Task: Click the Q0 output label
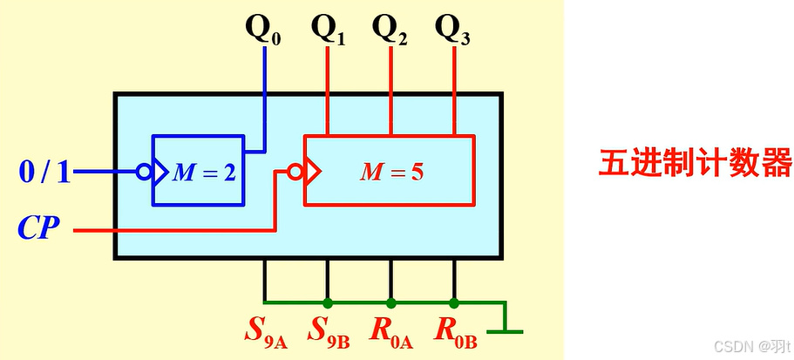pos(263,30)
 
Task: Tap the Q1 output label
pos(328,30)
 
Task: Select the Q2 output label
pos(390,30)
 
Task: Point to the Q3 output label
pos(452,30)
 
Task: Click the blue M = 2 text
pos(204,173)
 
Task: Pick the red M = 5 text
pos(392,173)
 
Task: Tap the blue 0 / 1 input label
pos(44,172)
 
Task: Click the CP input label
pos(38,228)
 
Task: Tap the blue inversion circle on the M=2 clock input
pos(145,172)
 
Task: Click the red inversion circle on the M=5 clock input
pos(295,172)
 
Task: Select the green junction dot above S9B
pos(328,303)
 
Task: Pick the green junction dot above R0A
pos(391,303)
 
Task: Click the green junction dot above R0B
pos(454,303)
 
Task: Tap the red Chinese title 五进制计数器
pos(696,162)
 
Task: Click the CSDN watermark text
pos(752,346)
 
